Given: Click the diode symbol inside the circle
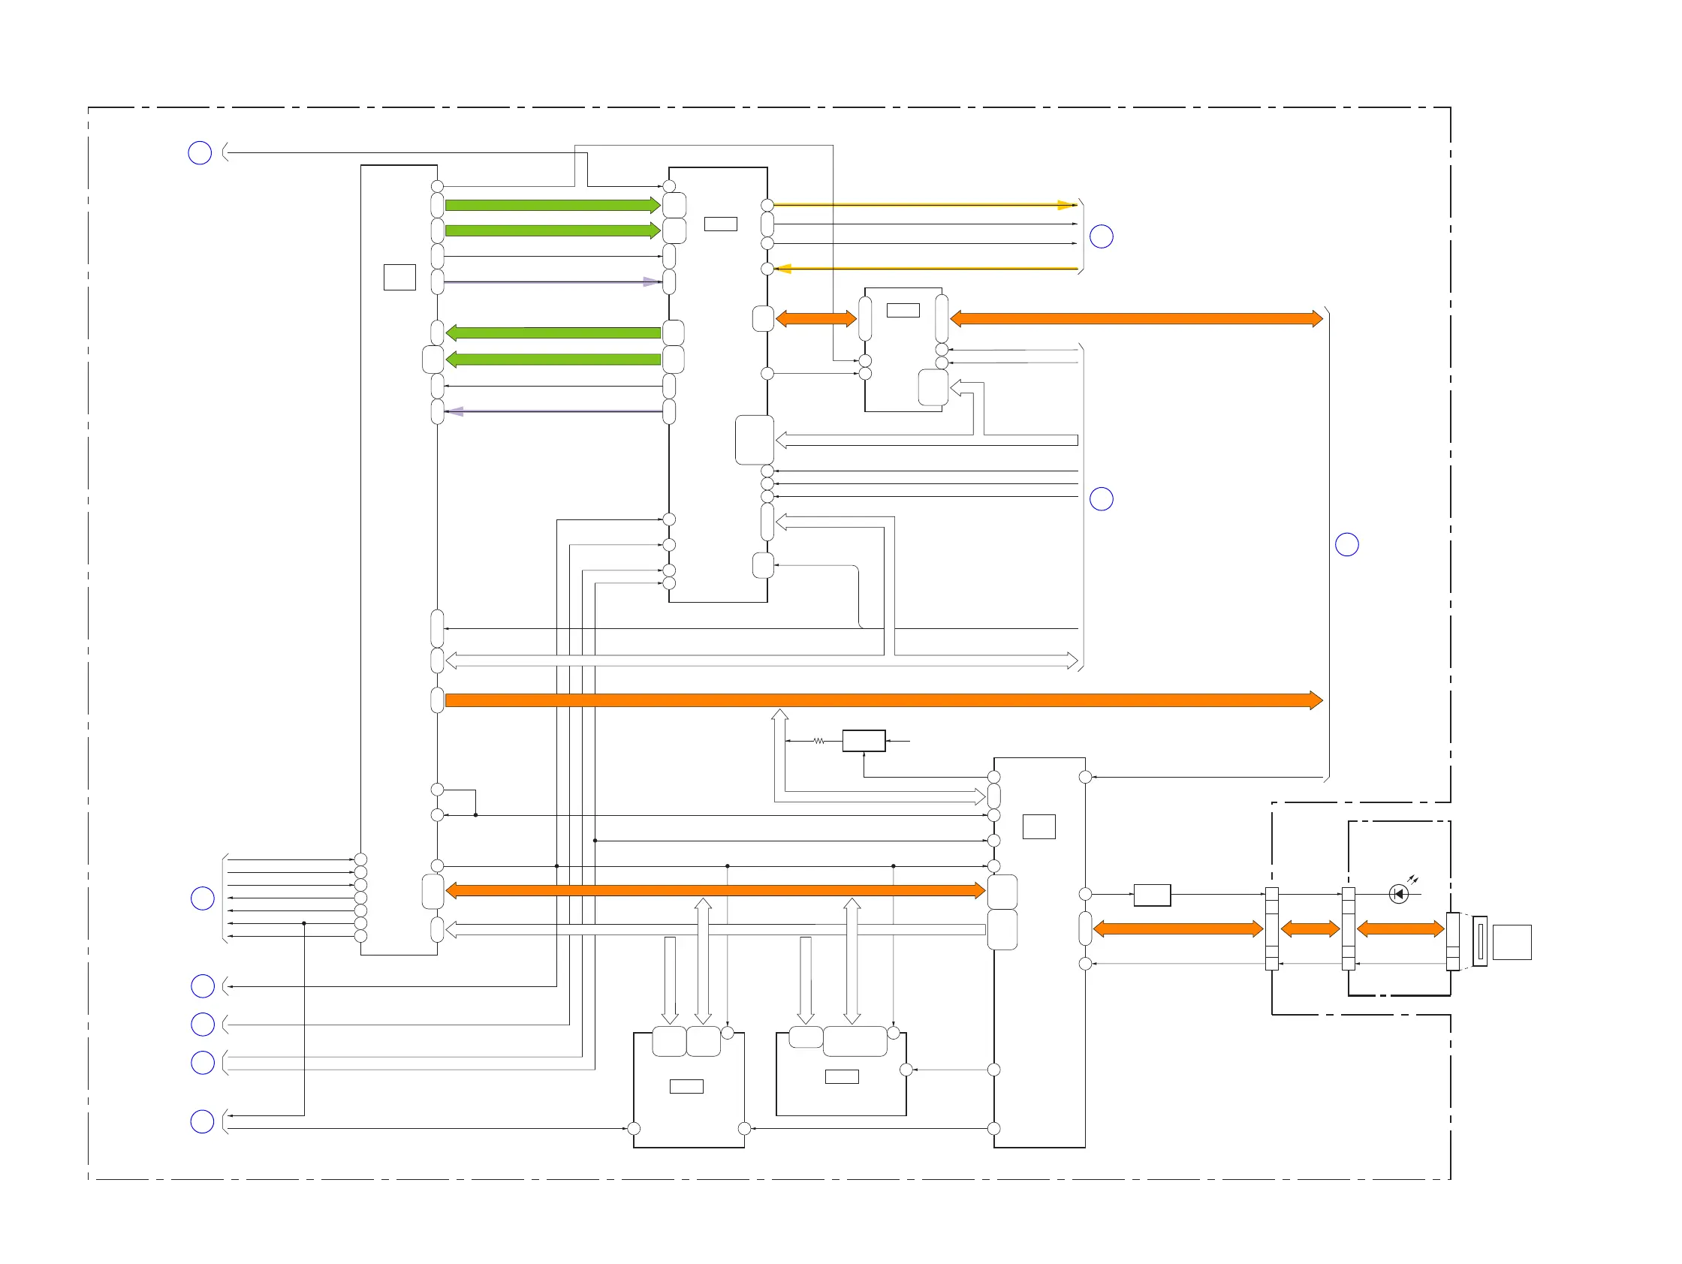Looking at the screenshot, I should (1397, 894).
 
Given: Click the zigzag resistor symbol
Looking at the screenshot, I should (818, 740).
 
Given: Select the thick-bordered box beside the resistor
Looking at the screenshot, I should (863, 740).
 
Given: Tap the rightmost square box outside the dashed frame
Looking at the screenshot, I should (1511, 942).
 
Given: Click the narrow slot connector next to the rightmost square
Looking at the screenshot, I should (1479, 941).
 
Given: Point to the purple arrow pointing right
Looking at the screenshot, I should (651, 282).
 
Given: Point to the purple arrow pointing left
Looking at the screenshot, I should (455, 411).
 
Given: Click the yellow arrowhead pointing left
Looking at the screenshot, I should (783, 268).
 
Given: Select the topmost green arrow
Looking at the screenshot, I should (552, 205).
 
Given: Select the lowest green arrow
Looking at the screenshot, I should (552, 360).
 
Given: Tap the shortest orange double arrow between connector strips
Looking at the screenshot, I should (1310, 928).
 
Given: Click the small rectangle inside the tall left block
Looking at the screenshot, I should (399, 277).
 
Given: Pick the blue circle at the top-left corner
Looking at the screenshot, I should (199, 153).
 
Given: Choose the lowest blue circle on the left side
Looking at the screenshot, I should (201, 1121).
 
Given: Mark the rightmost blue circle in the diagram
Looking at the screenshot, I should (1346, 544).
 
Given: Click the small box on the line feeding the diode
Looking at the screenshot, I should (1151, 895).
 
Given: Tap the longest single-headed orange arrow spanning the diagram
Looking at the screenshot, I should (882, 700).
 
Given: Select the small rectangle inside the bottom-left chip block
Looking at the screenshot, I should (686, 1086).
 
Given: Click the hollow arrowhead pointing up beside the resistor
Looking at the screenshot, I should (779, 715).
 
